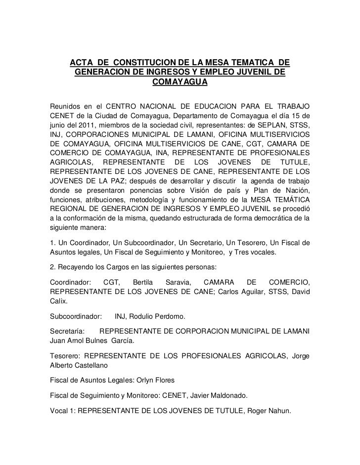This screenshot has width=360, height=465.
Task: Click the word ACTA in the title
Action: tap(82, 63)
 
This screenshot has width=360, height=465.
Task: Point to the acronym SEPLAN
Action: tap(262, 124)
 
